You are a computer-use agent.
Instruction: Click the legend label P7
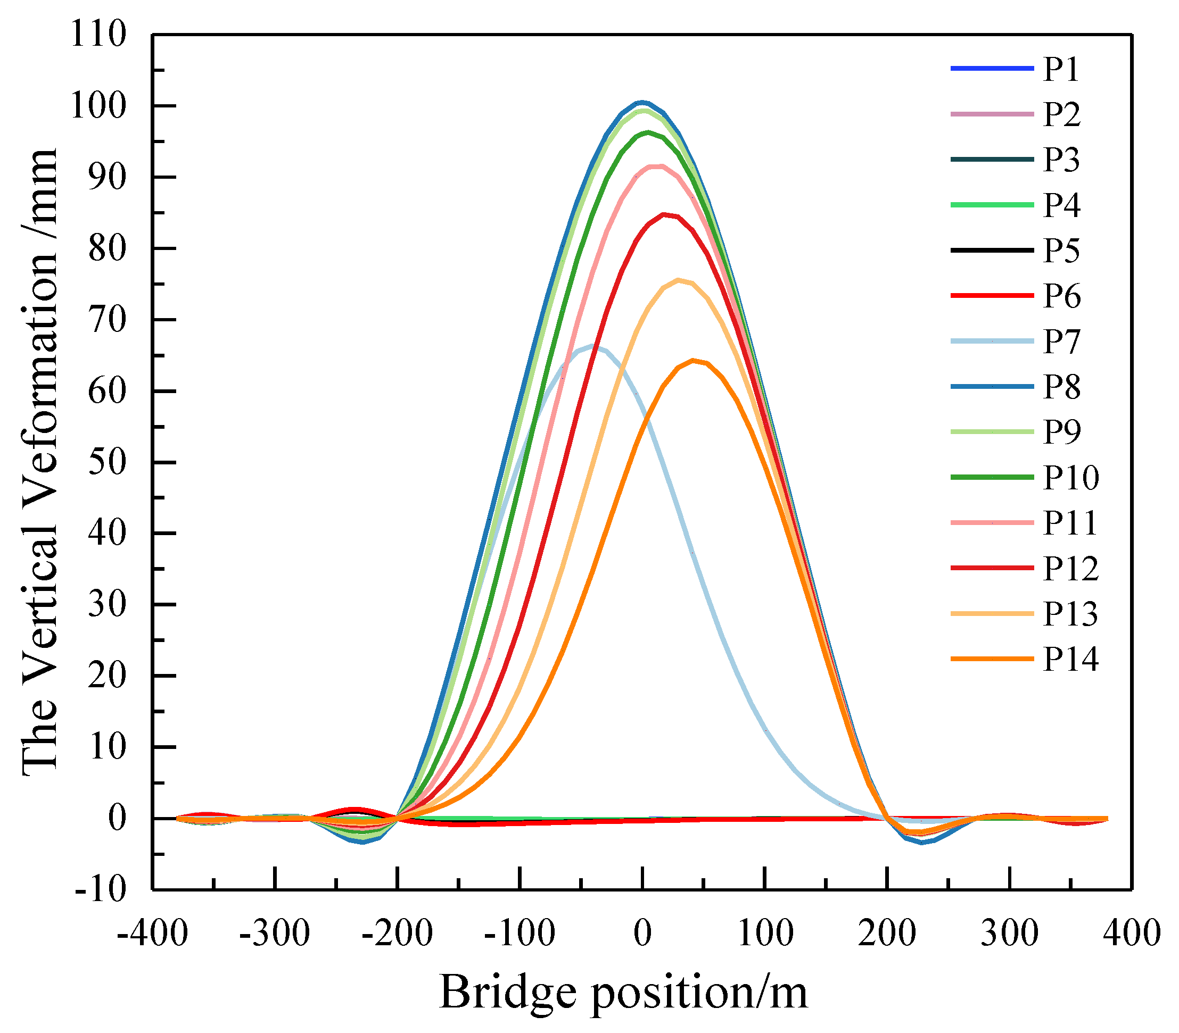[x=1061, y=341]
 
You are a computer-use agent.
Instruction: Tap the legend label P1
[x=1061, y=69]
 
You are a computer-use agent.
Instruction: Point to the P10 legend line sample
[x=992, y=477]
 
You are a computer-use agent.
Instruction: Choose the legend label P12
[x=1070, y=569]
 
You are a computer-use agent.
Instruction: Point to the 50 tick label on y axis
[x=106, y=462]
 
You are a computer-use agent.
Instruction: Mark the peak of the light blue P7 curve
[x=591, y=346]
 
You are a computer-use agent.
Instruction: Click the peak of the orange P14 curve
[x=692, y=361]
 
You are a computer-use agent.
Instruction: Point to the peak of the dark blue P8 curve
[x=642, y=103]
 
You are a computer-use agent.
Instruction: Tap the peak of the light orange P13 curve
[x=678, y=280]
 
